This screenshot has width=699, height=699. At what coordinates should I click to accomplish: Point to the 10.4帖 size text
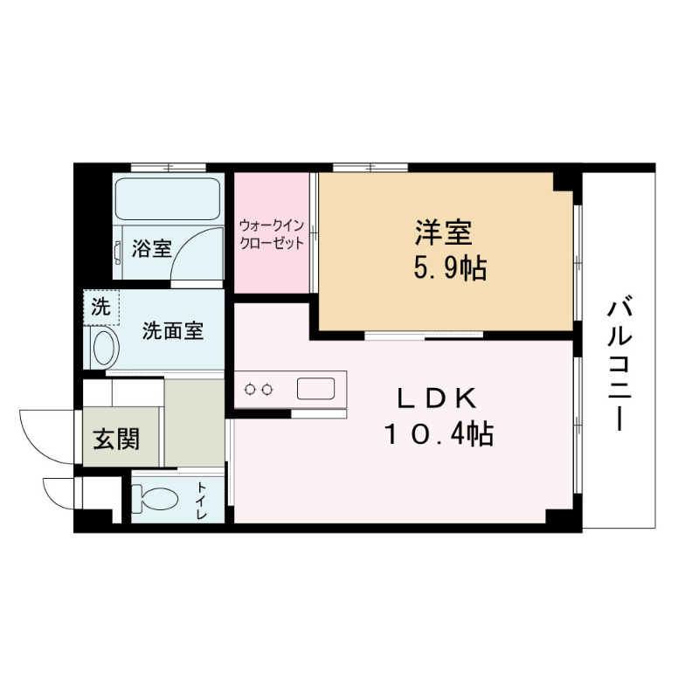tap(439, 433)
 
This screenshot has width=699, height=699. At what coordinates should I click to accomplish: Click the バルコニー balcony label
tap(619, 363)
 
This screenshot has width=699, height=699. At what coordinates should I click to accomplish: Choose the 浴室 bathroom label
tap(151, 248)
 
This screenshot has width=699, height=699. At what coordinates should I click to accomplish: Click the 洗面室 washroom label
tap(173, 331)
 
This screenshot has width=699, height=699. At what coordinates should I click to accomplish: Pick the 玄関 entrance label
tap(115, 439)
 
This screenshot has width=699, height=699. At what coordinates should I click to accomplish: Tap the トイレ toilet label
tap(202, 500)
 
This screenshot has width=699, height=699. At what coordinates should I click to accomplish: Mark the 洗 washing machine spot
tap(100, 307)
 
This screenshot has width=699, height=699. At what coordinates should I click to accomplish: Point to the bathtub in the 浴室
tap(169, 200)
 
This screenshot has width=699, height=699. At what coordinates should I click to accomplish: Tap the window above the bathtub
tap(168, 167)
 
